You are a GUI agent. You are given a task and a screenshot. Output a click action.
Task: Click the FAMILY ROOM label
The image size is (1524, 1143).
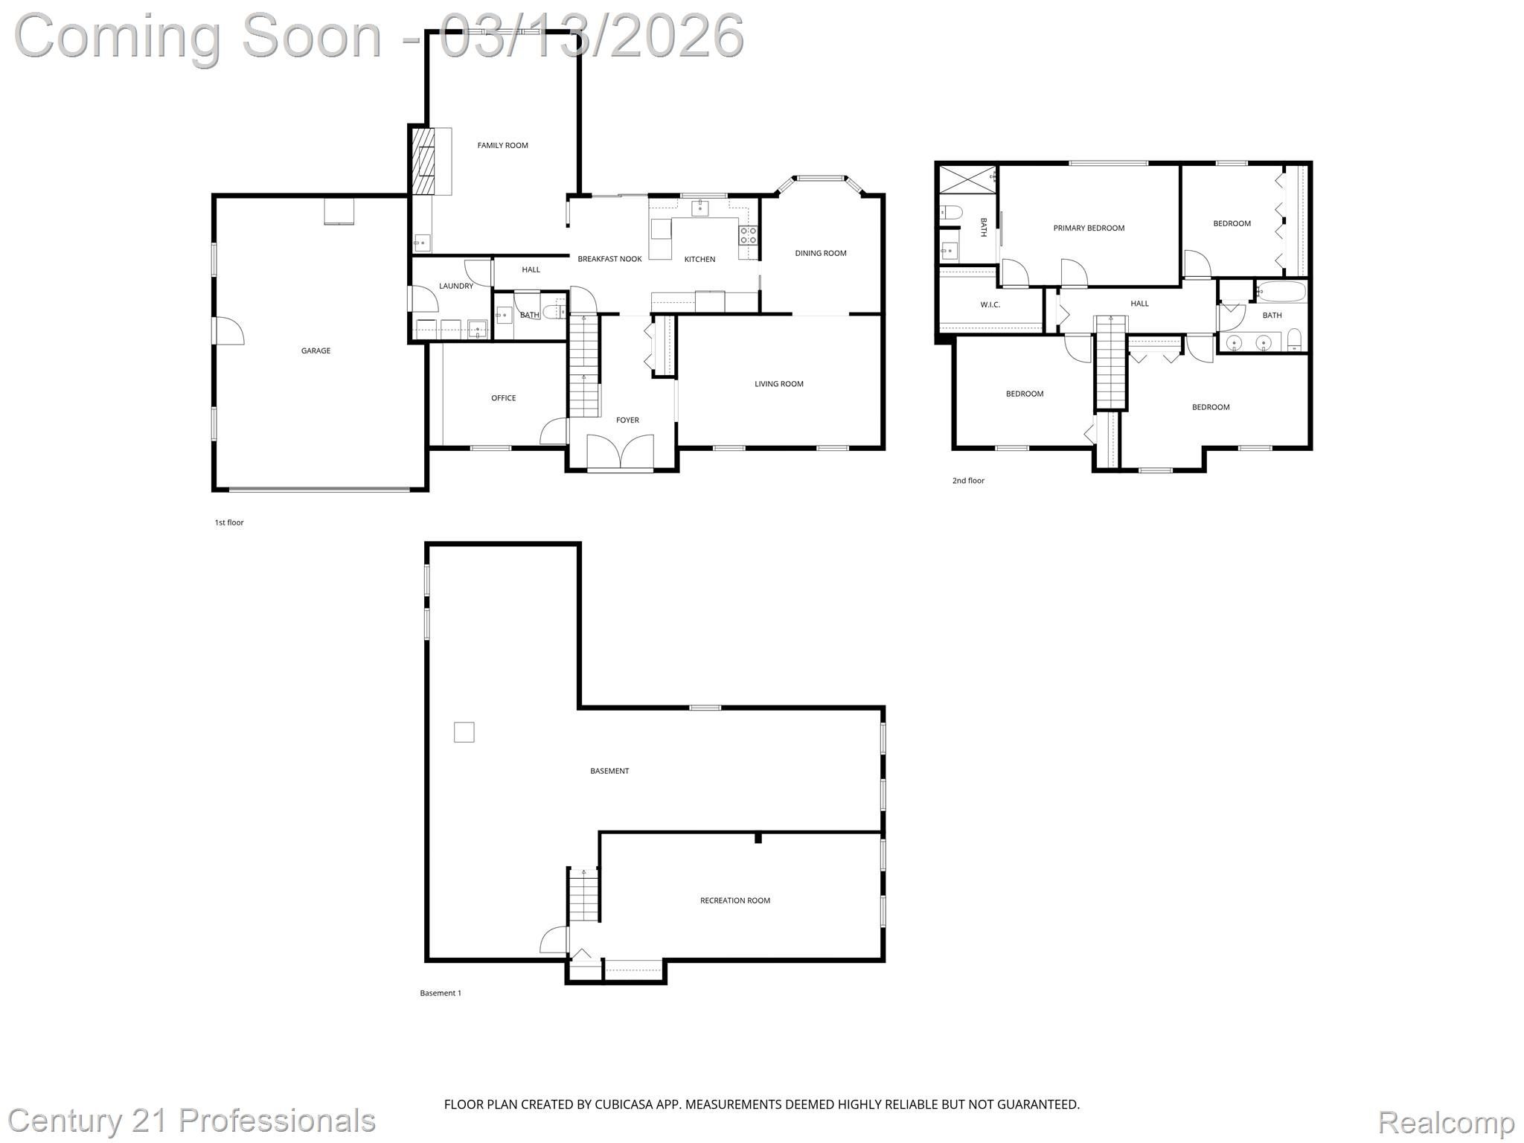coord(502,146)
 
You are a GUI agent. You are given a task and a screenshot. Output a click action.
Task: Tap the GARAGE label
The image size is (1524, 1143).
coord(316,351)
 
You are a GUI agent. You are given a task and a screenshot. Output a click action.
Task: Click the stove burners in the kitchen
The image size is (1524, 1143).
coord(748,236)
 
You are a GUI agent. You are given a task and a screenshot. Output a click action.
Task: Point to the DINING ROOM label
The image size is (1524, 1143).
coord(820,254)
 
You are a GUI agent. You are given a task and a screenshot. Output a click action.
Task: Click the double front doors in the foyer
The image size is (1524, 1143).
coord(620,453)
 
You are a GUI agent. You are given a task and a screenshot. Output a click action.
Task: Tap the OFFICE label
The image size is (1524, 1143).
coord(503,399)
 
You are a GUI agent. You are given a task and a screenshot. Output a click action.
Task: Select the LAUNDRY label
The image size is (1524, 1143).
coord(455,286)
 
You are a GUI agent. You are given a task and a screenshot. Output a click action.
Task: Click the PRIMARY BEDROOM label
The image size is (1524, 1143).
coord(1088,228)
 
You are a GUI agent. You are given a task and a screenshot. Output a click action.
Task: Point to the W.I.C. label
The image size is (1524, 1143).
coord(990,305)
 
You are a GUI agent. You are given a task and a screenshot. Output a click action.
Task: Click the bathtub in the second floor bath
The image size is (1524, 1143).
coord(1280,291)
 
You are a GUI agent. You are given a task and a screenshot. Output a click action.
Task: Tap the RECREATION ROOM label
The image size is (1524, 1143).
coord(734,901)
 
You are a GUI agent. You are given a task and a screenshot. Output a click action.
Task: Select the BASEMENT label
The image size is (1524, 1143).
coord(609,772)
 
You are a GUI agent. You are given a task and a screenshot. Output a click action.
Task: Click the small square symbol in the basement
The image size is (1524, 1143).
coord(464,732)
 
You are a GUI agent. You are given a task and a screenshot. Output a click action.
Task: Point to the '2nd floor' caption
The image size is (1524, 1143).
coord(968,481)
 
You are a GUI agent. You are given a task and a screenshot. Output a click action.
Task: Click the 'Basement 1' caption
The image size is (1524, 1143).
coord(441,993)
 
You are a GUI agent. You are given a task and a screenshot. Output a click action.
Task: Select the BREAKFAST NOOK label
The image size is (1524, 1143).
coord(609,260)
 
